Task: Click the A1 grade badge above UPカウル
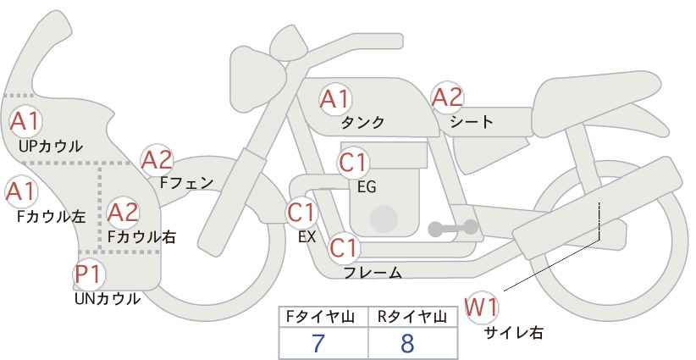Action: coord(25,121)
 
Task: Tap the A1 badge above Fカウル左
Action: coord(20,191)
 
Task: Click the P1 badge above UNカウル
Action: coord(88,274)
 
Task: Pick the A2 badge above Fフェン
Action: coord(157,159)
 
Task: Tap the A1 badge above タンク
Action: coord(334,99)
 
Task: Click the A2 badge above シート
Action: coord(447,98)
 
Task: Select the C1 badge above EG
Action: coord(353,162)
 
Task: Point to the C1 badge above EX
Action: coord(301,212)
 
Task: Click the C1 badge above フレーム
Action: coord(344,248)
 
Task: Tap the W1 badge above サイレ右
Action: coord(483,306)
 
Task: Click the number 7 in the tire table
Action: coord(318,344)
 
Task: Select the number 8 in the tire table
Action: coord(407,344)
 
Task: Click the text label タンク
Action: coord(362,123)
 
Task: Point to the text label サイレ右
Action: coord(514,333)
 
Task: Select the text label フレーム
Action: coord(373,273)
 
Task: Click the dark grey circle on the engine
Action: coord(383,219)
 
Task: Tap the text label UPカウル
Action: coord(51,147)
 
